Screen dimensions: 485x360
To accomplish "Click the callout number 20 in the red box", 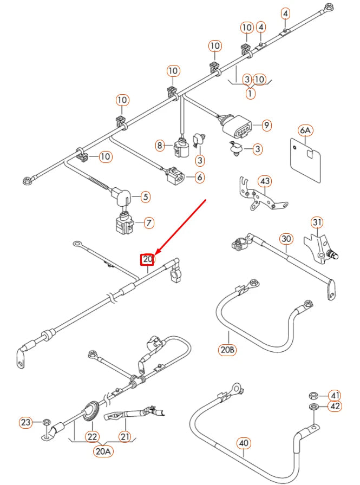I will [148, 260].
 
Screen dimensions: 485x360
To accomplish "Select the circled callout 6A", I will [305, 130].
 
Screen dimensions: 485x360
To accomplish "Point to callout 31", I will [317, 222].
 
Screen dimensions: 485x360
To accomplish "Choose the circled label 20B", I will [228, 350].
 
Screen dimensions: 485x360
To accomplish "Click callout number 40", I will [245, 444].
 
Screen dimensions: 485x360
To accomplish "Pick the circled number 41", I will [336, 395].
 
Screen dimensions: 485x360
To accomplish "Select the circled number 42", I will [336, 407].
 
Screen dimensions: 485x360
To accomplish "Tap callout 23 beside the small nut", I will [25, 422].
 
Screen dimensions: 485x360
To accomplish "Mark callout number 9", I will [266, 126].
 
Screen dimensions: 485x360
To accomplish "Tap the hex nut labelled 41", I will [314, 395].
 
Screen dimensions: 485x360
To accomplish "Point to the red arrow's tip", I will [156, 254].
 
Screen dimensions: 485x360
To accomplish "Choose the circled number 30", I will [286, 239].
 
